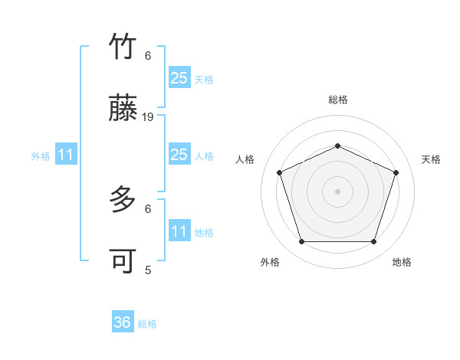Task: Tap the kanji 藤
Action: pyautogui.click(x=123, y=110)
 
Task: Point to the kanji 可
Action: pyautogui.click(x=123, y=262)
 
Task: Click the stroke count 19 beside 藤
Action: pyautogui.click(x=149, y=117)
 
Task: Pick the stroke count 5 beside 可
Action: pyautogui.click(x=148, y=270)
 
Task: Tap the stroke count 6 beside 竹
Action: pyautogui.click(x=148, y=55)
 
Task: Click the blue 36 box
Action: pyautogui.click(x=123, y=322)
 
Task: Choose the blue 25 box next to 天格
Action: pyautogui.click(x=179, y=77)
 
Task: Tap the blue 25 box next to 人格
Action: pyautogui.click(x=179, y=155)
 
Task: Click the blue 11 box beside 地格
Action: pyautogui.click(x=179, y=231)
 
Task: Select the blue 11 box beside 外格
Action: pyautogui.click(x=66, y=155)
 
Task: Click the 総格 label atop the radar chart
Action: pyautogui.click(x=337, y=100)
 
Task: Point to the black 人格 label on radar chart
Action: pyautogui.click(x=245, y=159)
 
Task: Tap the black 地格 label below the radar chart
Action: pyautogui.click(x=402, y=262)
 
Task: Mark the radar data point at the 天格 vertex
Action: pyautogui.click(x=396, y=172)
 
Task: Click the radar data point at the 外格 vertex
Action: pyautogui.click(x=301, y=242)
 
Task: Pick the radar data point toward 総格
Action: pyautogui.click(x=337, y=146)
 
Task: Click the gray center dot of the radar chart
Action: pyautogui.click(x=337, y=191)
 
